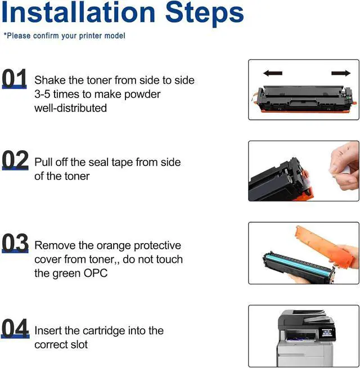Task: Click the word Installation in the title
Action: tap(78, 12)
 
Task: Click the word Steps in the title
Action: tap(204, 14)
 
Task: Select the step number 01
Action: tap(14, 79)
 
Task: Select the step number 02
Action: tap(15, 160)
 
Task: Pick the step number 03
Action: tap(15, 243)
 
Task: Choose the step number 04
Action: tap(15, 328)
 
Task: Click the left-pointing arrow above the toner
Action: tap(273, 73)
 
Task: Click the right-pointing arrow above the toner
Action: tap(341, 73)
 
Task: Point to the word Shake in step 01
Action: tap(50, 80)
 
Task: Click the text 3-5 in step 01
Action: tap(42, 95)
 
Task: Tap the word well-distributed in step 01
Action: tap(71, 108)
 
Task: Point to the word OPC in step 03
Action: tap(96, 273)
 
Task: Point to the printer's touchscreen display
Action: tap(327, 333)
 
